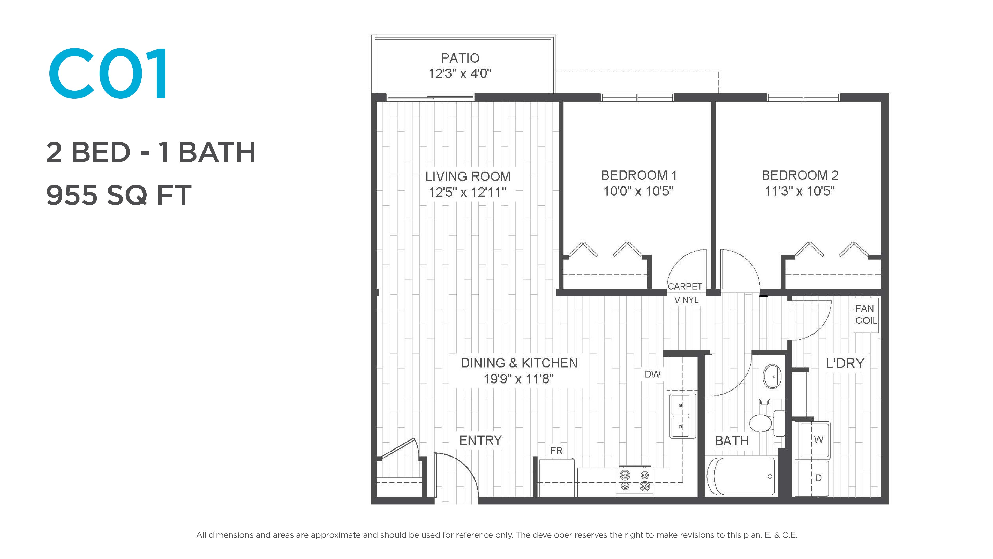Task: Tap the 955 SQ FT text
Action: [119, 195]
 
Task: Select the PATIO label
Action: [460, 58]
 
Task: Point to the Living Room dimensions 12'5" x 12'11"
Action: [468, 192]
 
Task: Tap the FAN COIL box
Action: [866, 315]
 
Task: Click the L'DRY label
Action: [845, 363]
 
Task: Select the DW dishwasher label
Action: [653, 374]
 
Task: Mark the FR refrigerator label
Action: [556, 451]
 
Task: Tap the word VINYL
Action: [686, 300]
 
